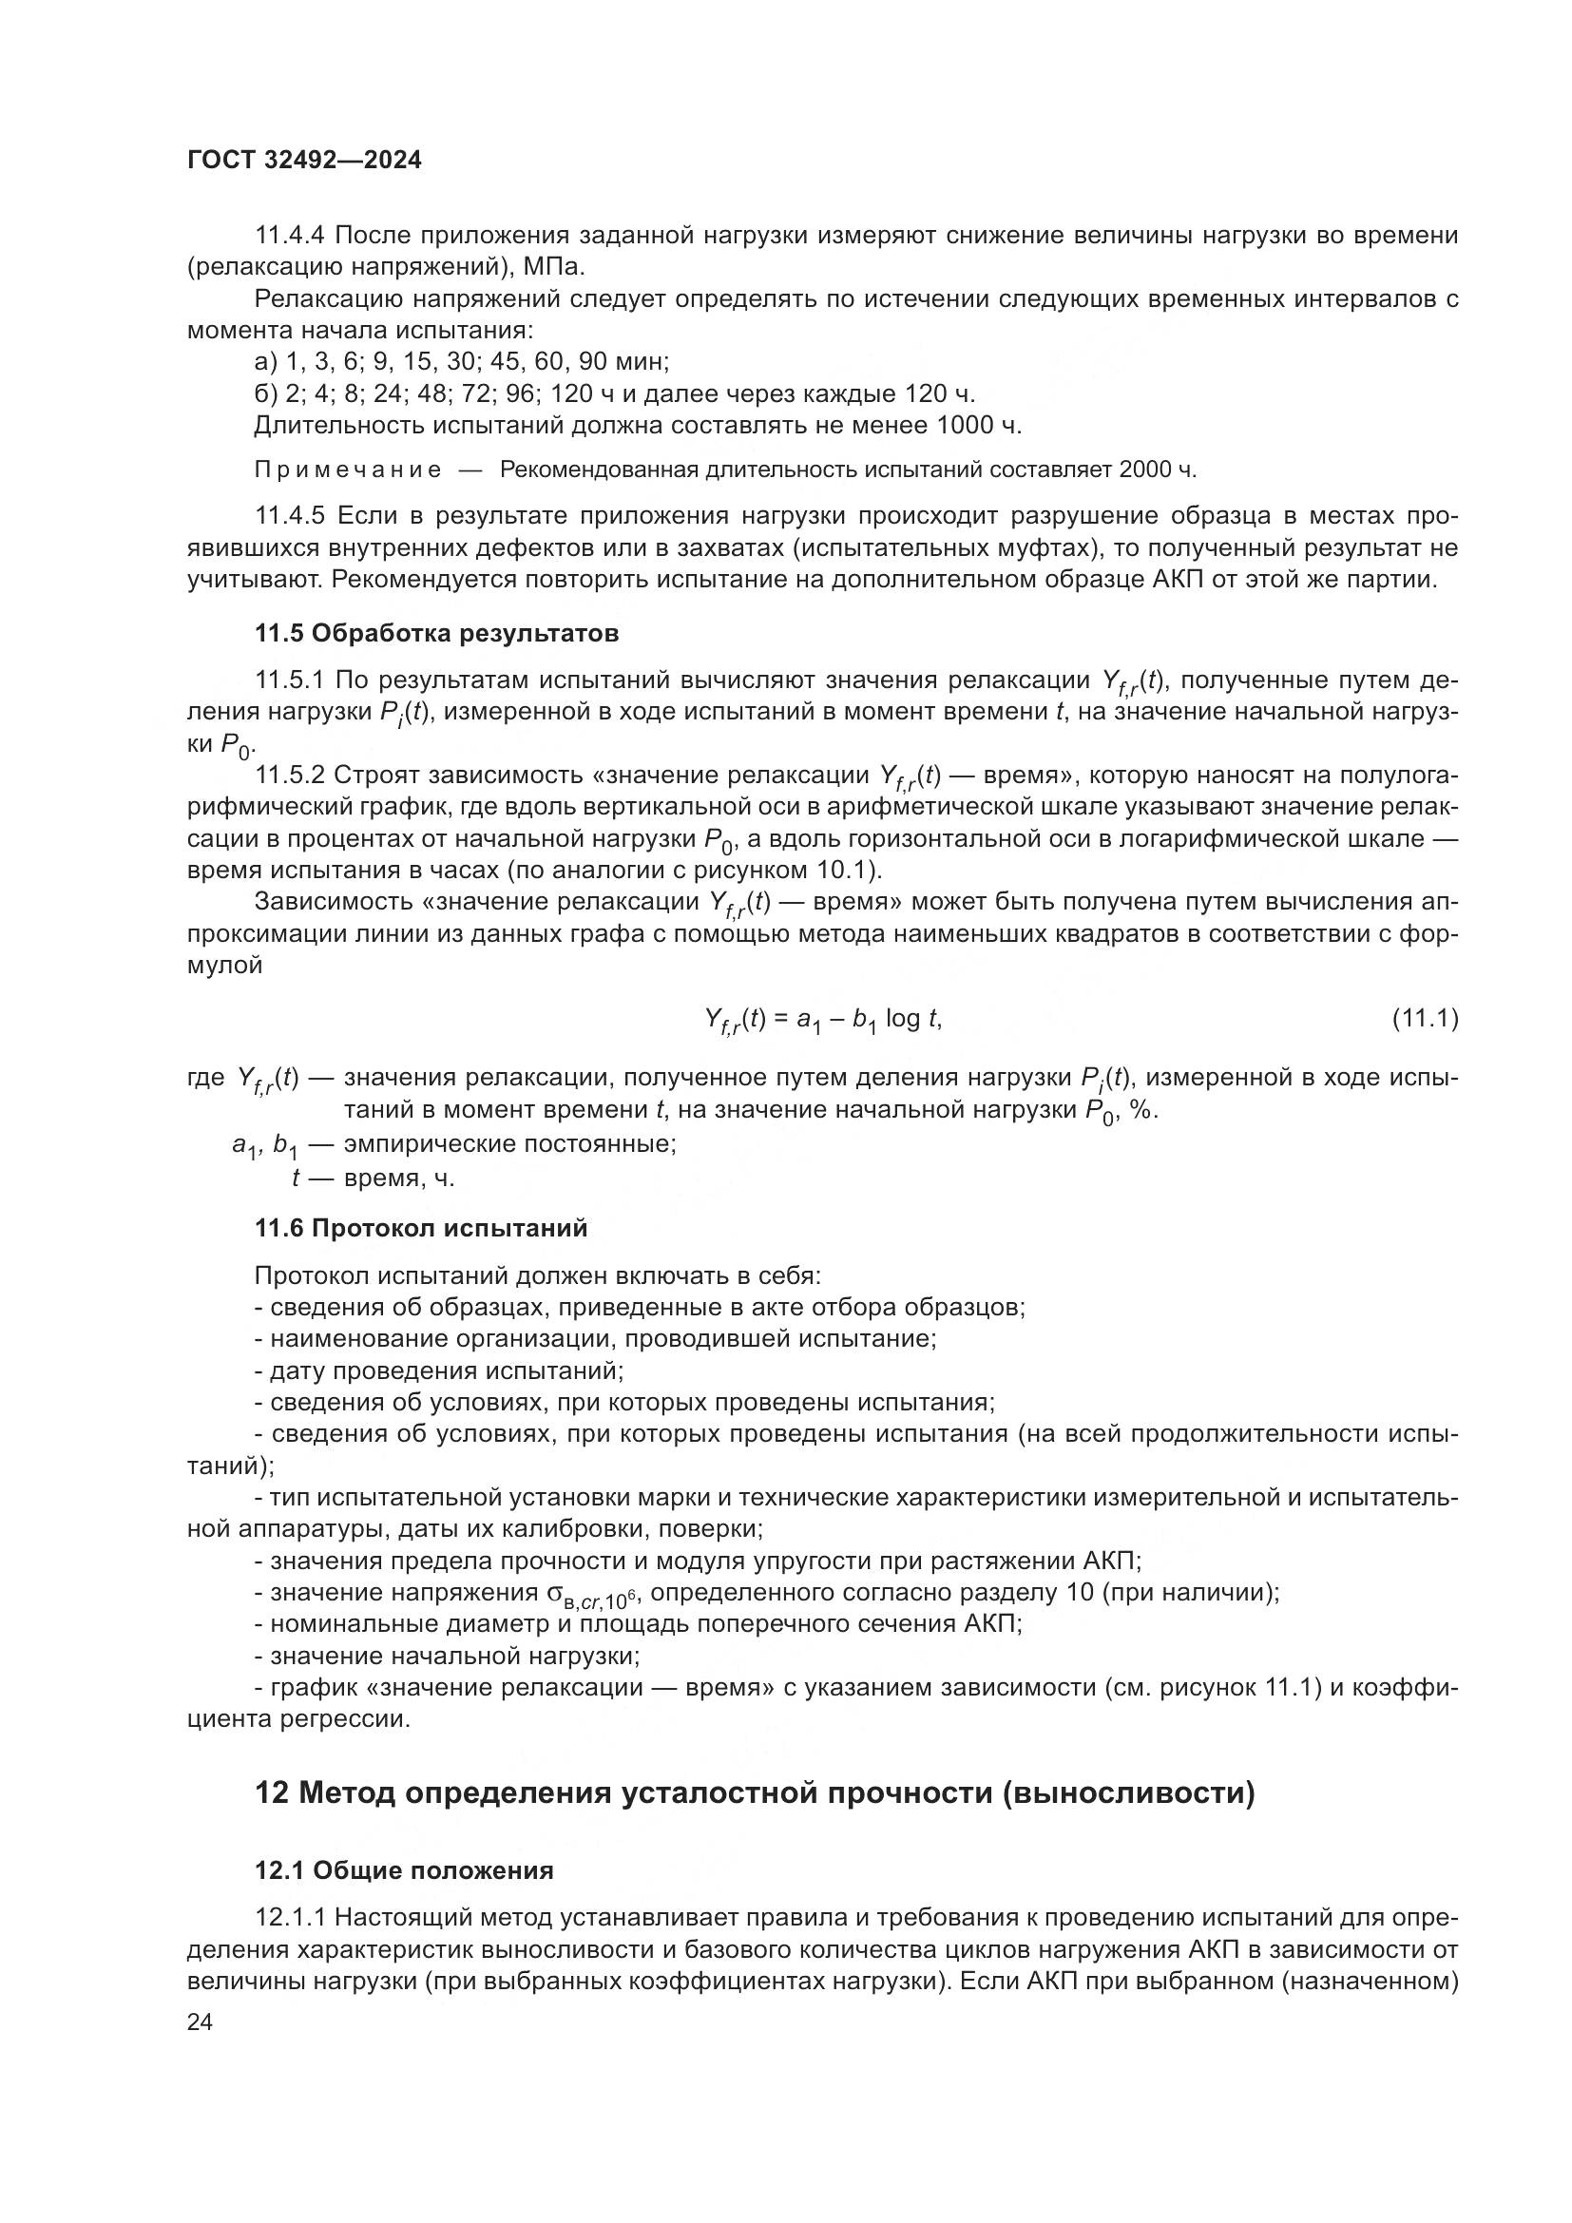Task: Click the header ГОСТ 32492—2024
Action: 304,161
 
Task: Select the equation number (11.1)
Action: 1424,1019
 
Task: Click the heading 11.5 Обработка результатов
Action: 436,633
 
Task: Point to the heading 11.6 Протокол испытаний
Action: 421,1229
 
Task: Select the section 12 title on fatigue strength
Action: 754,1793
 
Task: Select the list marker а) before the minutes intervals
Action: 265,362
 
